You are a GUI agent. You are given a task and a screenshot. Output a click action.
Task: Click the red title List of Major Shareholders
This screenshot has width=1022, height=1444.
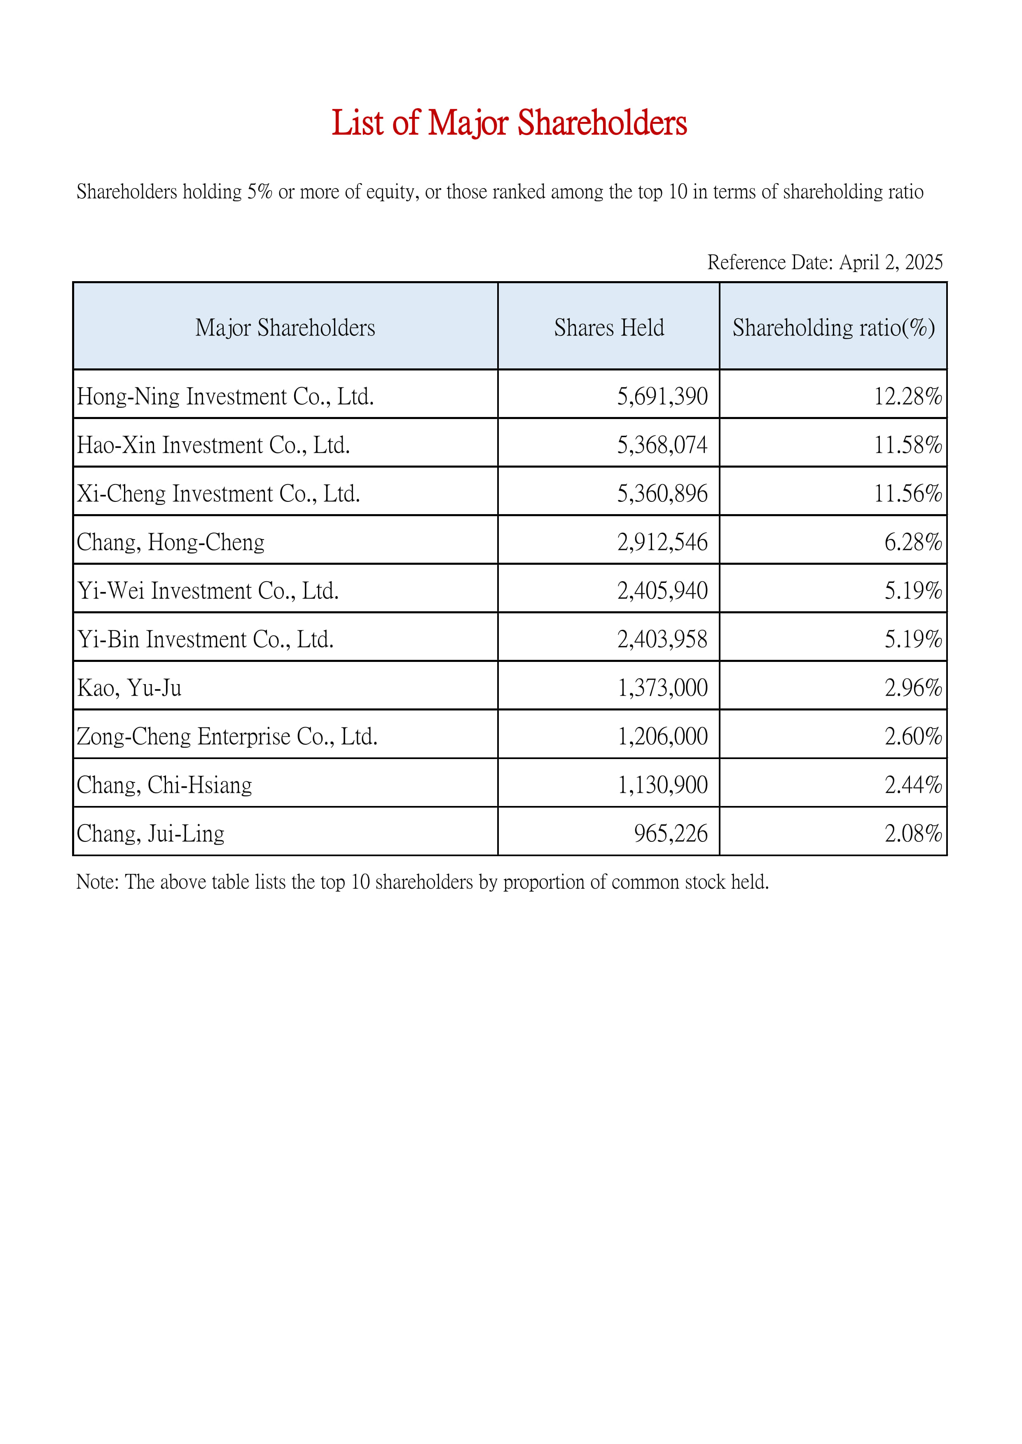pos(509,123)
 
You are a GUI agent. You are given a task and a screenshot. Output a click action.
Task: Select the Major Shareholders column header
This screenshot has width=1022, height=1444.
pos(285,328)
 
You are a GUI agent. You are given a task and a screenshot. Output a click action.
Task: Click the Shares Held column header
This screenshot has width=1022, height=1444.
pos(608,328)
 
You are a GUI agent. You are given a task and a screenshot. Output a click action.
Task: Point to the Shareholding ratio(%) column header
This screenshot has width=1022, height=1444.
pos(833,328)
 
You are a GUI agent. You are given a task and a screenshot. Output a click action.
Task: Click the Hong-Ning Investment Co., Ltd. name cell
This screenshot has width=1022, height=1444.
pos(225,397)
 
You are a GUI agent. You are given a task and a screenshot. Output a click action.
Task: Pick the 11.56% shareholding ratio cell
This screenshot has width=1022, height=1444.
pos(907,494)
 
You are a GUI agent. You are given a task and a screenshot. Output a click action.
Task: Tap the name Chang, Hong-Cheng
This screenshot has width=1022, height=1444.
pos(171,542)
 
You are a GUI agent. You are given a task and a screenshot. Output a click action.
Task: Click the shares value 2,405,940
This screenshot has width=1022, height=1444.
pos(662,591)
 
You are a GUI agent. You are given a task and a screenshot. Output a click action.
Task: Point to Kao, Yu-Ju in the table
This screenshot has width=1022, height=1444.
pos(130,688)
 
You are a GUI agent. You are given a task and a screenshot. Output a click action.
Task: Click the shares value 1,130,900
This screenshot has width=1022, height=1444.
pos(662,785)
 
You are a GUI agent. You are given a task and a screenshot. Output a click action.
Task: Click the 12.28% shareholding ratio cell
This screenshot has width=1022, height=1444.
pos(907,397)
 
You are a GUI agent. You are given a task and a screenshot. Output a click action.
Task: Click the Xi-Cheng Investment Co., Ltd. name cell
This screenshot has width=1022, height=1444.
pos(218,494)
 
